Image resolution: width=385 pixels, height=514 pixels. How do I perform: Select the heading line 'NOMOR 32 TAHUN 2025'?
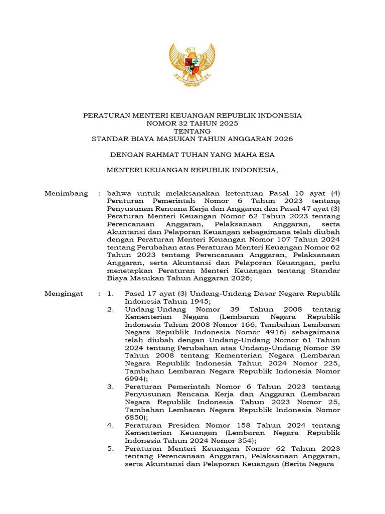pos(192,123)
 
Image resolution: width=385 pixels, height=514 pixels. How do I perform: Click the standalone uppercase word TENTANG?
pos(192,131)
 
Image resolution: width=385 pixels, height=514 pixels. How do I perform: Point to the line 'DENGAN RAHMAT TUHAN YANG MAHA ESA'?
pos(192,155)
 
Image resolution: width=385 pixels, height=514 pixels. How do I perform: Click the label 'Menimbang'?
pos(66,193)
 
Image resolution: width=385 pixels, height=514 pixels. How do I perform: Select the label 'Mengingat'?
pos(65,294)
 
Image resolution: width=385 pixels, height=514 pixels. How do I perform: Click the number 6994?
pos(136,378)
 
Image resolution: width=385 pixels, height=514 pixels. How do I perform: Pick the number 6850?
pos(136,417)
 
